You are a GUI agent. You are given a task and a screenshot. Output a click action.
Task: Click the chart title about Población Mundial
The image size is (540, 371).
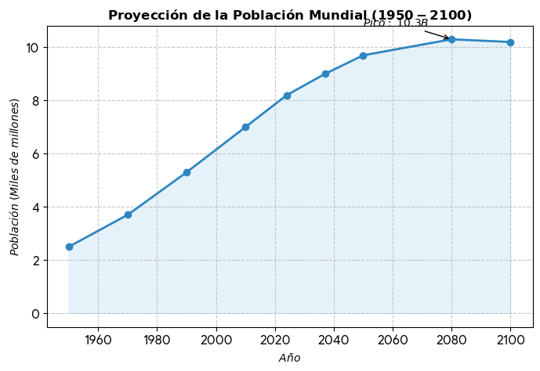pyautogui.click(x=290, y=16)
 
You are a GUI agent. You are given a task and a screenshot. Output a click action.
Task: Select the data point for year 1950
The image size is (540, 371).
pyautogui.click(x=69, y=247)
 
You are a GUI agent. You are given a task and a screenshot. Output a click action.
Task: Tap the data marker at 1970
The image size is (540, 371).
pyautogui.click(x=128, y=214)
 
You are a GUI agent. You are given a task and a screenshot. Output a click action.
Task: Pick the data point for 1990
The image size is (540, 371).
pyautogui.click(x=187, y=172)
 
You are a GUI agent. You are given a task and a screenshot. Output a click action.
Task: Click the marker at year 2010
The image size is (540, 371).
pyautogui.click(x=245, y=127)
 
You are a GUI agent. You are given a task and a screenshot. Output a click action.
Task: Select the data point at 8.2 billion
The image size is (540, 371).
pyautogui.click(x=287, y=95)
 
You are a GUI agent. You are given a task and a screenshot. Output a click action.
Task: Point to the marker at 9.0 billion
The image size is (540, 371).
pyautogui.click(x=325, y=74)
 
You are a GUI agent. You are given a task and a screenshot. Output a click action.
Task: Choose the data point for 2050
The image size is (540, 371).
pyautogui.click(x=363, y=56)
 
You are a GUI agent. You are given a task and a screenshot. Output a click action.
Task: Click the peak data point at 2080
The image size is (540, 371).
pyautogui.click(x=451, y=39)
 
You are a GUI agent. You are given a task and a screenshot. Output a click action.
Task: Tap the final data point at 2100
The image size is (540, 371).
pyautogui.click(x=510, y=42)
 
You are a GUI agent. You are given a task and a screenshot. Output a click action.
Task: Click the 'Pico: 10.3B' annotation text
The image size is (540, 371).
pyautogui.click(x=396, y=23)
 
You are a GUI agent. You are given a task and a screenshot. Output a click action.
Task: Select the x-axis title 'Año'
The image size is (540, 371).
pyautogui.click(x=289, y=358)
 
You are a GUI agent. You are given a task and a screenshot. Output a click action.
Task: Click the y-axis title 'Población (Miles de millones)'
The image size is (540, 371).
pyautogui.click(x=15, y=177)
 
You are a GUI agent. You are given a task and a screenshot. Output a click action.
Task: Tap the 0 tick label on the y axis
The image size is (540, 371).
pyautogui.click(x=34, y=314)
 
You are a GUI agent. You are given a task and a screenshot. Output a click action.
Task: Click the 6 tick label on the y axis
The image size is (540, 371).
pyautogui.click(x=34, y=154)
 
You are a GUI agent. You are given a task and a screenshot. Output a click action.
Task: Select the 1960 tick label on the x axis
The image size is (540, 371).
pyautogui.click(x=98, y=340)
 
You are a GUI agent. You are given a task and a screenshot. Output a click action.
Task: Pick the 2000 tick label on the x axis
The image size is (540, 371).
pyautogui.click(x=216, y=340)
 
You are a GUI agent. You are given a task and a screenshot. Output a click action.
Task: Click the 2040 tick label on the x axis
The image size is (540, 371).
pyautogui.click(x=334, y=340)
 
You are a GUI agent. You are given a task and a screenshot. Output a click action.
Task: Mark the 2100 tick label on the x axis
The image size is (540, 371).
pyautogui.click(x=510, y=340)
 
